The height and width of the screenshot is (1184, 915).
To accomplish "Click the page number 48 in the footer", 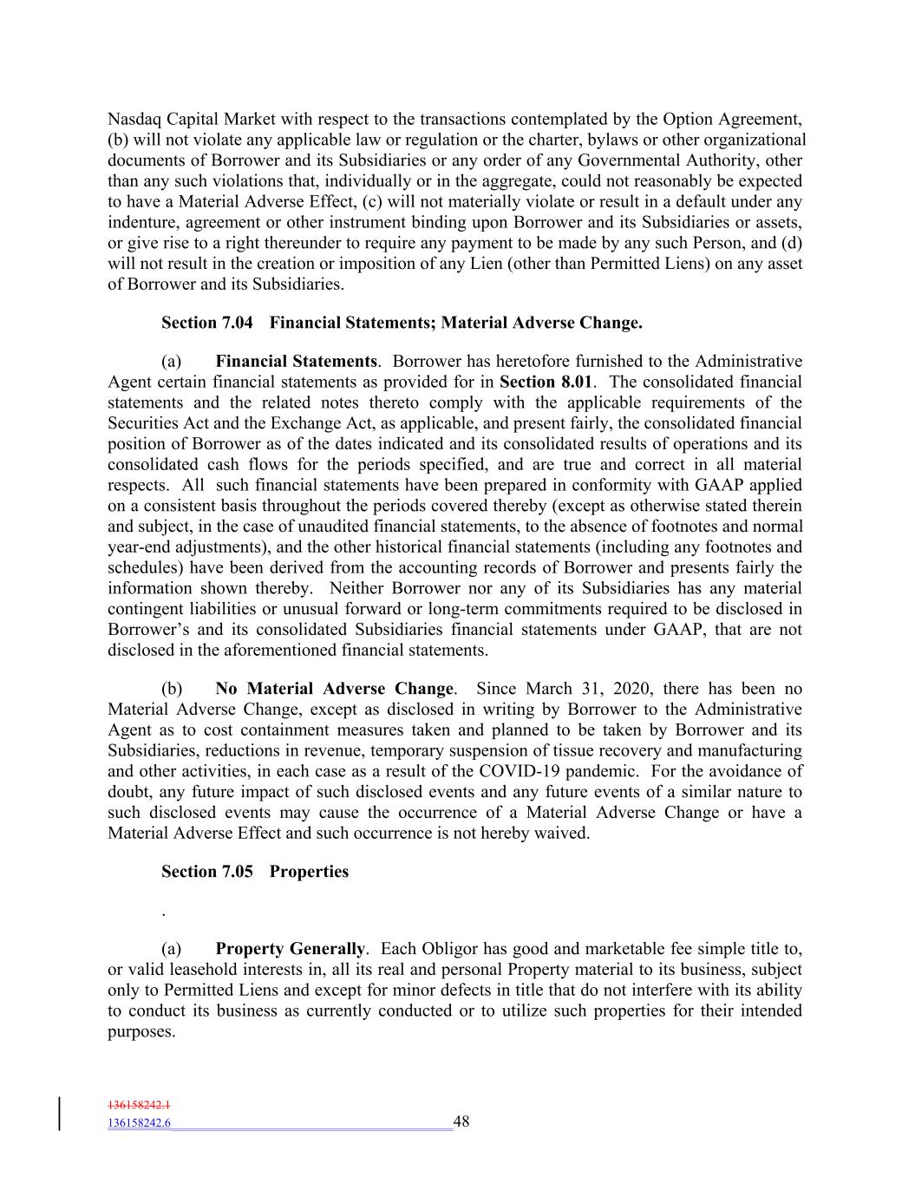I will [461, 1122].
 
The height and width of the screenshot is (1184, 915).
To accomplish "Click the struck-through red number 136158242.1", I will [139, 1105].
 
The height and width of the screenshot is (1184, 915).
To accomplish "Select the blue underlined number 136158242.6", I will [139, 1123].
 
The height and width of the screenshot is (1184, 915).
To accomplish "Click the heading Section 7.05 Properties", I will [255, 872].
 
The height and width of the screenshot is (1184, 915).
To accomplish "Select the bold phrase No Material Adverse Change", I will [334, 689].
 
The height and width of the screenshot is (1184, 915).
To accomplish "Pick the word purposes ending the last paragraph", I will [140, 1031].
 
